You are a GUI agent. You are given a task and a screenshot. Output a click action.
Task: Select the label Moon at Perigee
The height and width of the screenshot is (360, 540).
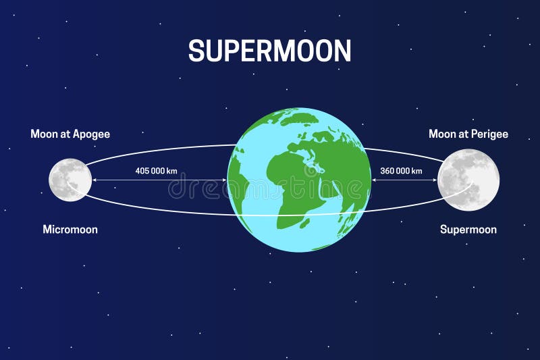468,134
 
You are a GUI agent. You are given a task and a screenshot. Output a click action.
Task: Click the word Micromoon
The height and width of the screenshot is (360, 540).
70,230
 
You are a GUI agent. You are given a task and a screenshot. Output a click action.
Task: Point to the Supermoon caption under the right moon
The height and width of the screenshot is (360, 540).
468,230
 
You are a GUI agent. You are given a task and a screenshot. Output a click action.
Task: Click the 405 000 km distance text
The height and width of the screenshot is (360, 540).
156,171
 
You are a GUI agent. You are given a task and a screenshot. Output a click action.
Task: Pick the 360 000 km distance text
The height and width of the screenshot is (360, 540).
402,171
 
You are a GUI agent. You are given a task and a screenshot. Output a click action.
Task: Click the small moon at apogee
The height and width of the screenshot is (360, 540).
70,180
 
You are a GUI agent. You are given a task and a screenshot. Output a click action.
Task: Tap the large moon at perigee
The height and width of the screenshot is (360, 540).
468,180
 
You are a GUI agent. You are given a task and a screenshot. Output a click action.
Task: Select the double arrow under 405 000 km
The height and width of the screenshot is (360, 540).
159,180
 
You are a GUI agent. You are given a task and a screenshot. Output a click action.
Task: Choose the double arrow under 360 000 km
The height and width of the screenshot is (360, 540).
404,180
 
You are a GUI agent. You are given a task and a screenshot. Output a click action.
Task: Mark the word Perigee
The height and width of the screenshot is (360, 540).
490,134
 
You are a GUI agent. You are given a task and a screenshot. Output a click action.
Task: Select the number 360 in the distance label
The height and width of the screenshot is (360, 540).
388,171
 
